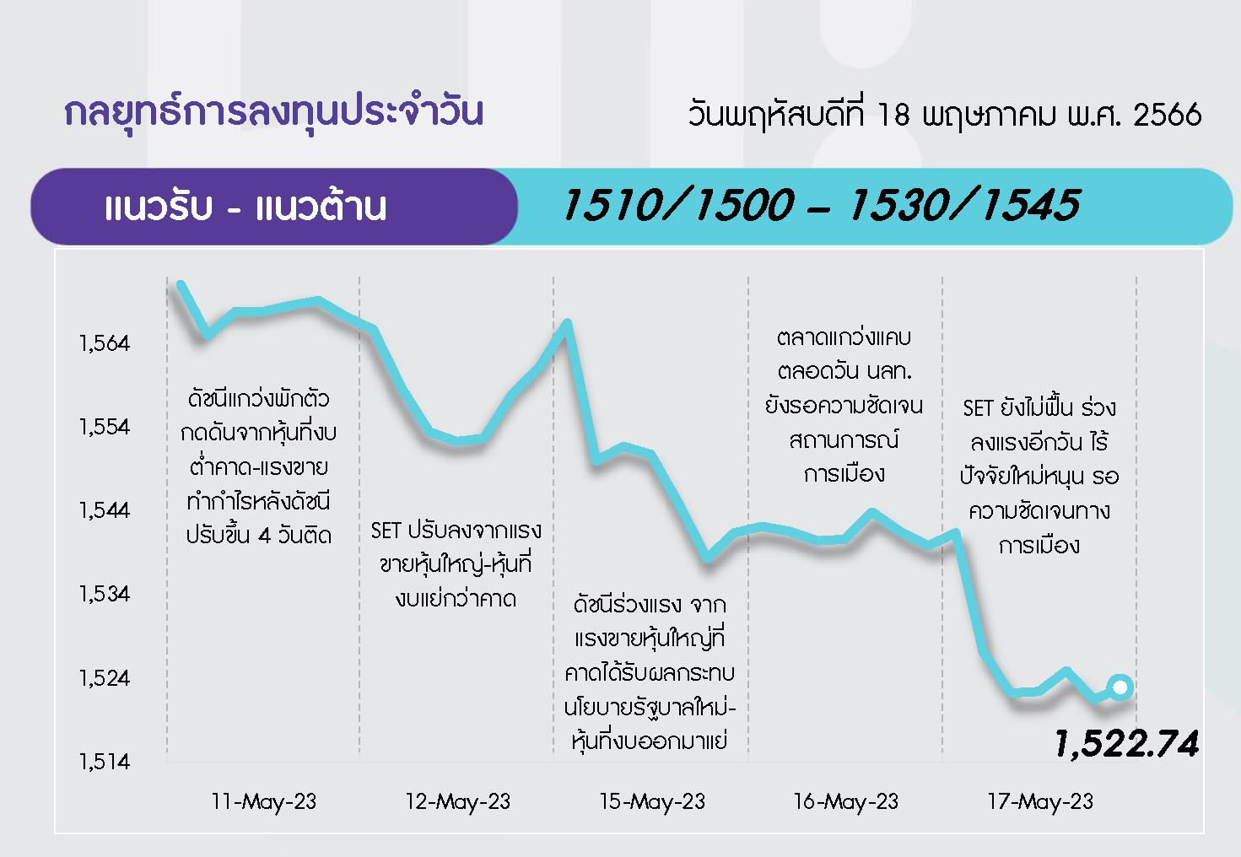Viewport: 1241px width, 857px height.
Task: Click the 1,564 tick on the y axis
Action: point(104,343)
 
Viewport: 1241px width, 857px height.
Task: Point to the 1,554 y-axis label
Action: point(104,427)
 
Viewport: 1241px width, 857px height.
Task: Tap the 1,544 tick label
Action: point(104,510)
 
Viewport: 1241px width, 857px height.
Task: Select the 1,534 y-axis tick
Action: point(104,594)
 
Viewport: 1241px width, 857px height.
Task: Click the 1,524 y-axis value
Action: point(104,678)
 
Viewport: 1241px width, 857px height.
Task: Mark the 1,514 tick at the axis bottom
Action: point(104,762)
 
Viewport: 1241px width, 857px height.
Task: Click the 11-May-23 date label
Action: point(264,802)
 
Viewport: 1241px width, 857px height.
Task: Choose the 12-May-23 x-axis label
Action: point(457,802)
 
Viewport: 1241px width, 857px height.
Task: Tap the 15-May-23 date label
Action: point(652,802)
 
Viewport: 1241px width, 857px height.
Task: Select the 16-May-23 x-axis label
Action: point(846,802)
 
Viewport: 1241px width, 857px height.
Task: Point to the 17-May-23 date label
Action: point(1040,802)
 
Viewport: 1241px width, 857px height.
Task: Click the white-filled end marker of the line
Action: point(1120,687)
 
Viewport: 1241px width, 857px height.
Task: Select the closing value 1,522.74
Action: point(1127,743)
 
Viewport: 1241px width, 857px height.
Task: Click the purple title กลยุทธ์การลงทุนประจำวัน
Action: point(273,112)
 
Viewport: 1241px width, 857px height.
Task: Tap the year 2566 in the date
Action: point(1168,116)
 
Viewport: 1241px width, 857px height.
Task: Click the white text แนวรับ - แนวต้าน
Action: point(246,206)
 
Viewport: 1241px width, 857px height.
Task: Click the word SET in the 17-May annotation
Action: point(978,409)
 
